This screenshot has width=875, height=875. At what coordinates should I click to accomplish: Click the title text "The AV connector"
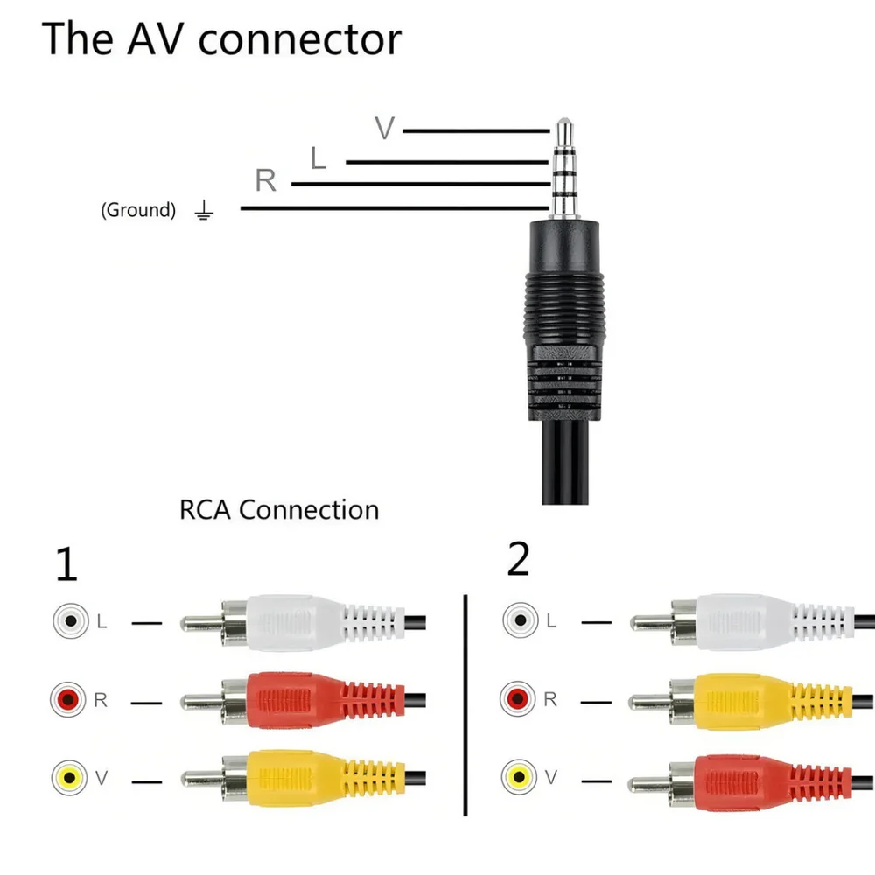click(x=221, y=38)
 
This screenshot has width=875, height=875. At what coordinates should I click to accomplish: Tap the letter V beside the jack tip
click(x=384, y=128)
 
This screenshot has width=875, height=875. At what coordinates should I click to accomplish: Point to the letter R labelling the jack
click(x=266, y=180)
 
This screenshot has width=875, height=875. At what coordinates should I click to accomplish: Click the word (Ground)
click(x=138, y=210)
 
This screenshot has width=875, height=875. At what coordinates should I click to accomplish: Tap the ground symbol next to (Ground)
click(x=204, y=210)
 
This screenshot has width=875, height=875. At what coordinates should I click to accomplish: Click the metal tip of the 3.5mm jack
click(x=564, y=132)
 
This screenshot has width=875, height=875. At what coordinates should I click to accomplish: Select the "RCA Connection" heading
click(x=279, y=509)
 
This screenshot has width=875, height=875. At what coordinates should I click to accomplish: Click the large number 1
click(x=66, y=563)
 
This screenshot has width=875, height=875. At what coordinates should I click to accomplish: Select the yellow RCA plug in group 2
click(x=752, y=702)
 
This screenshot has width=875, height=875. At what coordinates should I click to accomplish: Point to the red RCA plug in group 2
click(x=752, y=782)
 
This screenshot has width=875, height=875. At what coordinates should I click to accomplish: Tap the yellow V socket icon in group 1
click(x=69, y=777)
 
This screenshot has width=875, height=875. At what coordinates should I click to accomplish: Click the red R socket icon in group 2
click(x=518, y=698)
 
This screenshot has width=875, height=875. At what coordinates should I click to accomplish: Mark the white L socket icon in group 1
click(x=71, y=620)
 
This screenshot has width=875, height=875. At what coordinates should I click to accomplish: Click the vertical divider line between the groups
click(x=465, y=705)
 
